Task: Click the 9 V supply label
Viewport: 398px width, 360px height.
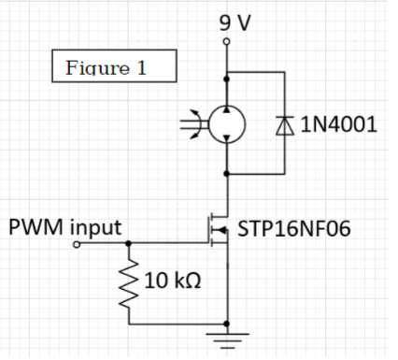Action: click(234, 22)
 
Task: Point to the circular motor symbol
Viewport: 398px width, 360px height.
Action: click(226, 123)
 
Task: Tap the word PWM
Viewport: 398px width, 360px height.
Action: click(38, 226)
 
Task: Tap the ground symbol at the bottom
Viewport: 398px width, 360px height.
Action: click(226, 338)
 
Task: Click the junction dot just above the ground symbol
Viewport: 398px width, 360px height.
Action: click(226, 324)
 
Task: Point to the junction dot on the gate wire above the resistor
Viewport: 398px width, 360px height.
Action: click(129, 243)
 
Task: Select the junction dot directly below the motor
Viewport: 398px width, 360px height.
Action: click(226, 172)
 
